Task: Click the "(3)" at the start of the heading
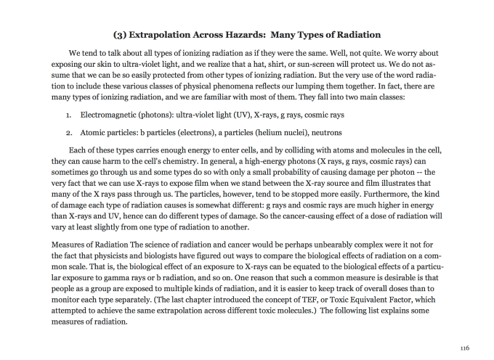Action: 121,34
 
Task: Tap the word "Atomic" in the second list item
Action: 92,133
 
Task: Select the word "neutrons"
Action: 323,133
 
